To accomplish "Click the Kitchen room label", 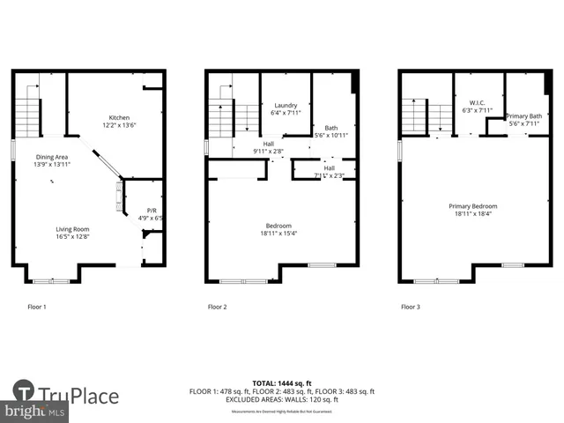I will point(120,118).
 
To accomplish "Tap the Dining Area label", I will point(51,157).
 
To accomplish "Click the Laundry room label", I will point(286,105).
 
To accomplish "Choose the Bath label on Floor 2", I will point(330,128).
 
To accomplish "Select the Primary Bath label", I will point(523,116).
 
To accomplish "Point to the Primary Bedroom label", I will point(472,205).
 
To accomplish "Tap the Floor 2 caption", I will point(218,307).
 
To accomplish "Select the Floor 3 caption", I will point(411,307).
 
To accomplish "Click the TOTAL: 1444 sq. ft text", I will point(282,383).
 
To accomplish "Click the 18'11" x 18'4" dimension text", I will point(472,213).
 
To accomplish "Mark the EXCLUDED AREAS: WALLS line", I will point(282,399).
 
